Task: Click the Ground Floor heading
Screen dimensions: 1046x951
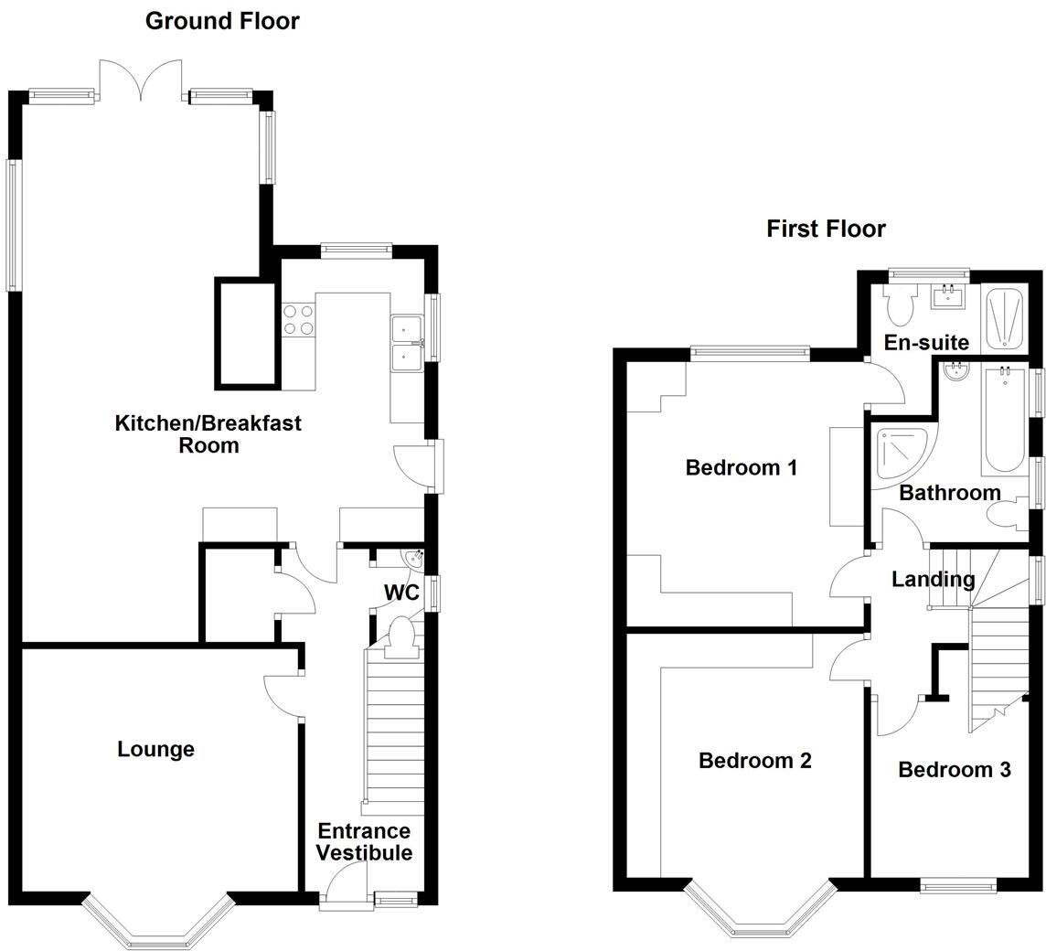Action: (x=222, y=21)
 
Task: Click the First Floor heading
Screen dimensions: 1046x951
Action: (x=826, y=229)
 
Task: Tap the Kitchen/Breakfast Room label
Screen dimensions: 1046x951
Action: (x=208, y=434)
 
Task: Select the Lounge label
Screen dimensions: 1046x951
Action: (x=156, y=750)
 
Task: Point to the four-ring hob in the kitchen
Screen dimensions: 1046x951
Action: (x=298, y=318)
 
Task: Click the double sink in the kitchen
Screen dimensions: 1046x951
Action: (x=405, y=343)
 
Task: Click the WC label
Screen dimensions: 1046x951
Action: (x=400, y=593)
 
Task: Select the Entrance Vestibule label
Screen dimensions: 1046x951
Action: (x=365, y=842)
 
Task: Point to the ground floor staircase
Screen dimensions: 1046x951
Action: (x=394, y=732)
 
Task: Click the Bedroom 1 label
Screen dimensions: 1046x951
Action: (x=742, y=468)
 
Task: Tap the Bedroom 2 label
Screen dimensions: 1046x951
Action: (x=754, y=761)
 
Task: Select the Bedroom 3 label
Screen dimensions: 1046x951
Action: (x=954, y=770)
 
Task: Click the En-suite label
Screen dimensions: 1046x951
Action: (x=926, y=343)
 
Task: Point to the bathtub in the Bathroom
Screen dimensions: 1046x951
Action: (x=1005, y=421)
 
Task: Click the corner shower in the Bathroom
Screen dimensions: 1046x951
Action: (x=903, y=452)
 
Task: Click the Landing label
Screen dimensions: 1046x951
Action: (x=933, y=579)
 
